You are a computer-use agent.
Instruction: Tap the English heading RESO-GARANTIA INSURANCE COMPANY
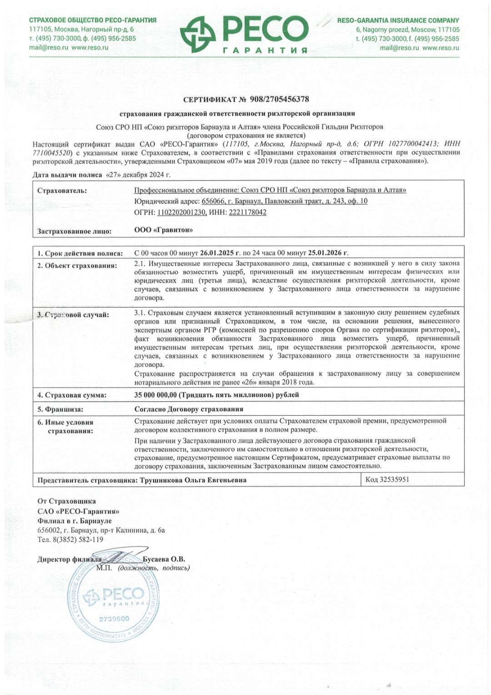pyautogui.click(x=398, y=20)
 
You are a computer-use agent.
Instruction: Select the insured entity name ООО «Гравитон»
pyautogui.click(x=163, y=230)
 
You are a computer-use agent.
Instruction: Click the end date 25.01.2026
pyautogui.click(x=328, y=253)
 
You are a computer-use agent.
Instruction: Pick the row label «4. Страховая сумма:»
pyautogui.click(x=72, y=395)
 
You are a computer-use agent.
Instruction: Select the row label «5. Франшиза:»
pyautogui.click(x=60, y=409)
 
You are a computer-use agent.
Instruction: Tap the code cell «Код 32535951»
pyautogui.click(x=387, y=479)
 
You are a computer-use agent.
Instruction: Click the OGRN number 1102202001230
pyautogui.click(x=181, y=212)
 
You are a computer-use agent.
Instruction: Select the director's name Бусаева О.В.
pyautogui.click(x=164, y=559)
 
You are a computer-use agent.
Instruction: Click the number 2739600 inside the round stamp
pyautogui.click(x=114, y=619)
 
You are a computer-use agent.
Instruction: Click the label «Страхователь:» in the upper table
pyautogui.click(x=62, y=191)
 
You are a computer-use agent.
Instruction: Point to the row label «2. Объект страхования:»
pyautogui.click(x=77, y=266)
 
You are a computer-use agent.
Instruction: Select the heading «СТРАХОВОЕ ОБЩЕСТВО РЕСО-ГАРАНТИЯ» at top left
pyautogui.click(x=93, y=20)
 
